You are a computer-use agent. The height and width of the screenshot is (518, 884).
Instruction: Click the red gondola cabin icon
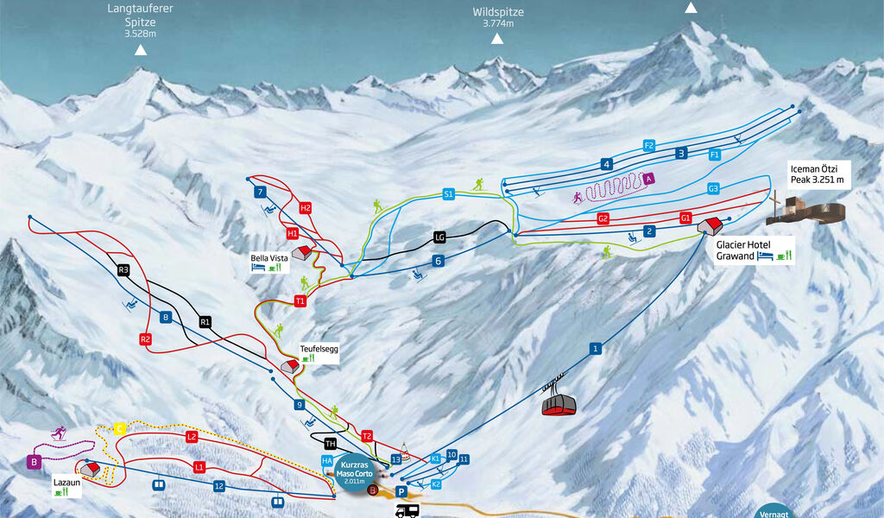click(x=559, y=403)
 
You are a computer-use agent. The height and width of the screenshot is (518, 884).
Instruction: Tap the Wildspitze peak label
click(x=498, y=17)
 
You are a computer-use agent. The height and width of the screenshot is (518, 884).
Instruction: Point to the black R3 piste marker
click(x=123, y=270)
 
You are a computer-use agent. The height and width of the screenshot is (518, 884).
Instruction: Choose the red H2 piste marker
click(x=306, y=208)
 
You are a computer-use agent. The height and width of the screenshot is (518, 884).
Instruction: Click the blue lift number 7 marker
click(x=259, y=193)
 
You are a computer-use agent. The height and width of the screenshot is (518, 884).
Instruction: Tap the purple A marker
click(x=648, y=178)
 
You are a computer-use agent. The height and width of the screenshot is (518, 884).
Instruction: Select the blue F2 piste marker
click(x=649, y=145)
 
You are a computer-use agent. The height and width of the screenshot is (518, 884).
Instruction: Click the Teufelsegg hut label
click(x=319, y=350)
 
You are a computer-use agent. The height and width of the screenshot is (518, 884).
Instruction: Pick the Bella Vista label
click(x=268, y=257)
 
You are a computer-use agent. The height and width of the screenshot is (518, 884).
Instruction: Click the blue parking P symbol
click(x=401, y=491)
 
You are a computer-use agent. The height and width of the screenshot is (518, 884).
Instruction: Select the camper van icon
click(x=407, y=511)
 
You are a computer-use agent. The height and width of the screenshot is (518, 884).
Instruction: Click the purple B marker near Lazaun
click(x=35, y=462)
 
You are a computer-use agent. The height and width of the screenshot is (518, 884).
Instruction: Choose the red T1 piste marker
click(x=300, y=301)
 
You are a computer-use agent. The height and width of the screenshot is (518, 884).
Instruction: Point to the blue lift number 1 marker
click(x=595, y=348)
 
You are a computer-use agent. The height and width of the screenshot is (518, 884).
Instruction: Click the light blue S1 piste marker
click(x=448, y=194)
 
